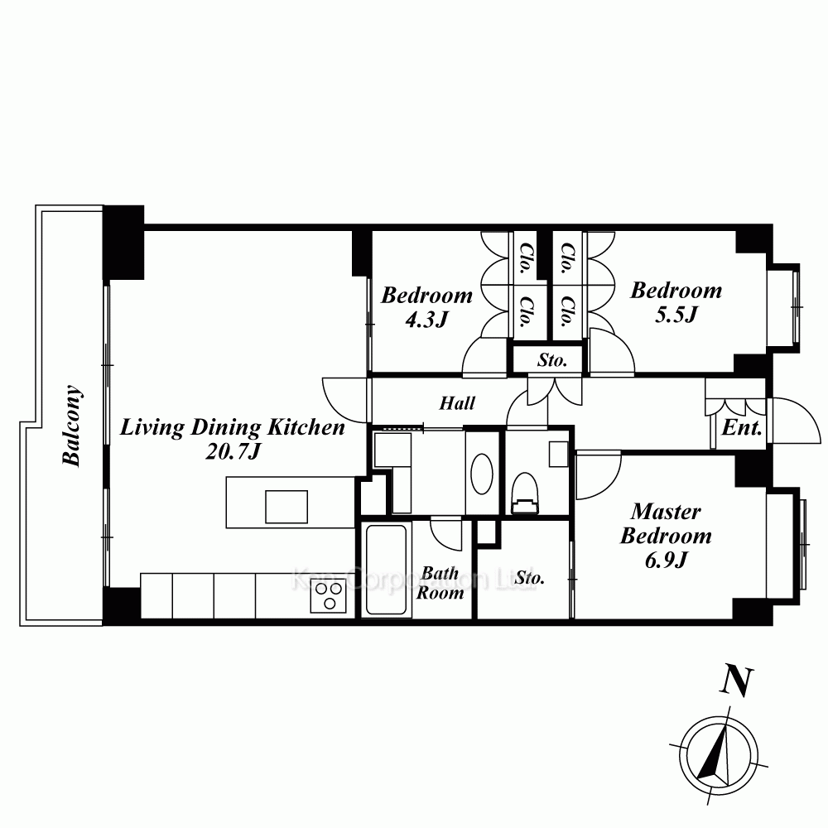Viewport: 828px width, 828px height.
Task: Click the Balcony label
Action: (72, 426)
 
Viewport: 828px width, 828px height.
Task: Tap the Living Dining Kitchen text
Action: (233, 427)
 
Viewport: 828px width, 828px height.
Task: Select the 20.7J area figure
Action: (233, 451)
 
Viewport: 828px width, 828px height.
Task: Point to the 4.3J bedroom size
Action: (426, 320)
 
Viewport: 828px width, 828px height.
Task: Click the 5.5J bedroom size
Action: (676, 315)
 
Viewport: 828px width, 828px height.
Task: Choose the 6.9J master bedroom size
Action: (667, 560)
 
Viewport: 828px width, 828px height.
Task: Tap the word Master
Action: (666, 511)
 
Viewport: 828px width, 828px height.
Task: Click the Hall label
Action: (457, 403)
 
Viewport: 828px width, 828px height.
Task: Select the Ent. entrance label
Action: (742, 427)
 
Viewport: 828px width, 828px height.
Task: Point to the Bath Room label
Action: (440, 583)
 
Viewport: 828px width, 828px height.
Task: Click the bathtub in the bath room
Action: (386, 570)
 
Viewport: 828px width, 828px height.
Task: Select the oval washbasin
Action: (482, 474)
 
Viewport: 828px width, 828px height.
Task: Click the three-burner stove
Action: (328, 595)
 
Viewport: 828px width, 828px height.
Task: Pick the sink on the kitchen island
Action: (286, 507)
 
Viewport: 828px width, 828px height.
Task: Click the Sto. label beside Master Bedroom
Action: (530, 578)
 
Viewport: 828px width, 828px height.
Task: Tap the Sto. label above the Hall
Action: (552, 361)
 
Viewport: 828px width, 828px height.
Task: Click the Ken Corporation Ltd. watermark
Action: (414, 580)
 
